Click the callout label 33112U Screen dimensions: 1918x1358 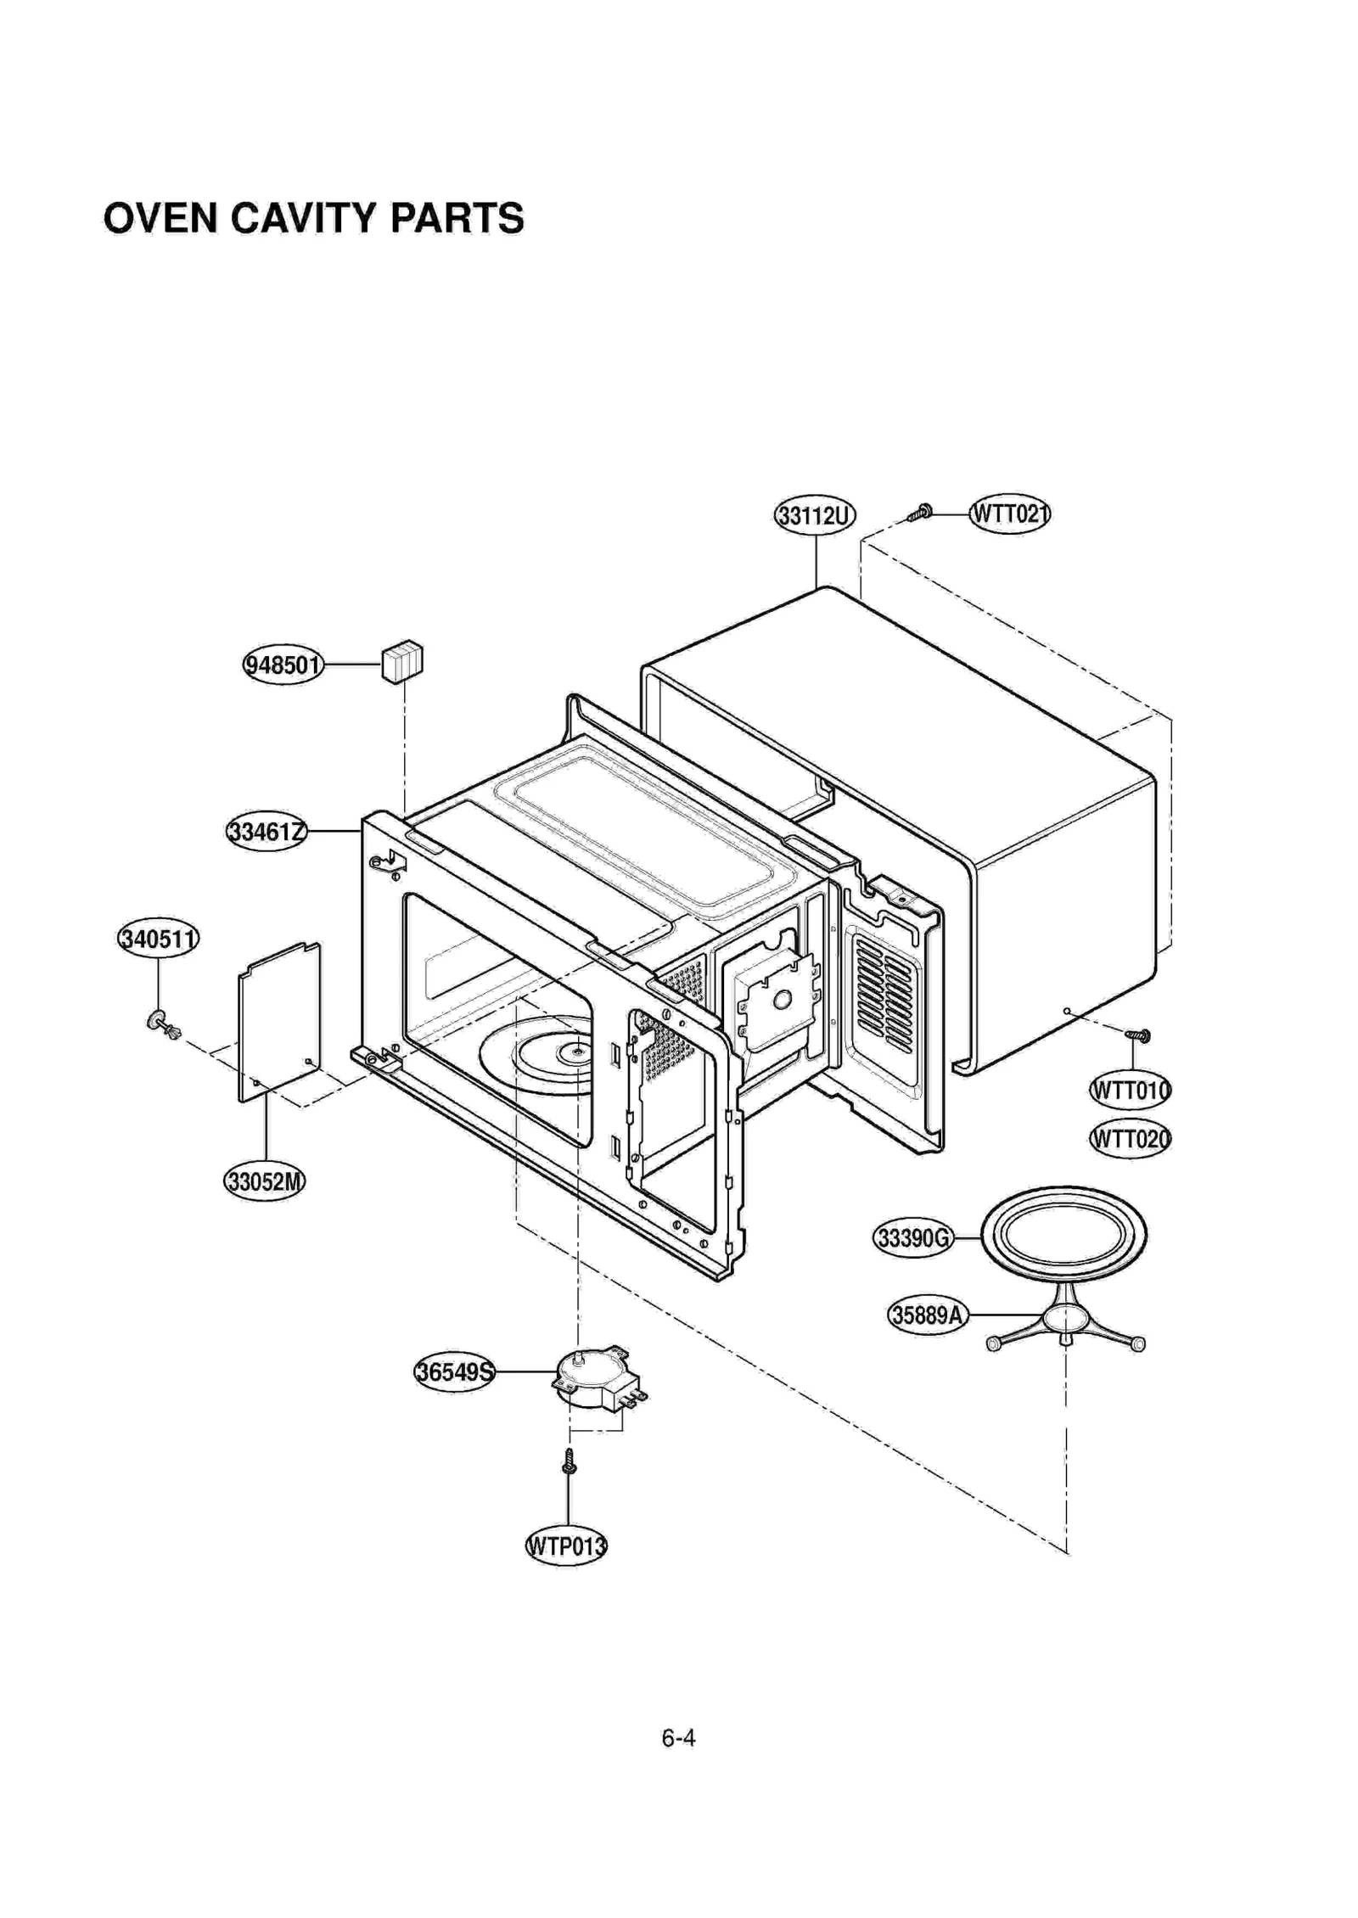click(x=815, y=515)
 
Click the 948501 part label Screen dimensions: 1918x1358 click(x=283, y=665)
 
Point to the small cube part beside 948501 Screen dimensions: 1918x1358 click(x=402, y=662)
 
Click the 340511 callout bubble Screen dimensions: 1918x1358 click(x=158, y=939)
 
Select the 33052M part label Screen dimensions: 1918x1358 click(x=264, y=1181)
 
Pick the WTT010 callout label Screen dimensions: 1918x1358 click(x=1130, y=1090)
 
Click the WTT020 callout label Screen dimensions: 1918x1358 click(x=1130, y=1138)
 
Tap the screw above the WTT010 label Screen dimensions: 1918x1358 click(x=1137, y=1035)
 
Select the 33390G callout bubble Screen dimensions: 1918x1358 click(x=913, y=1238)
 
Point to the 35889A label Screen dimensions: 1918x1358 click(x=928, y=1315)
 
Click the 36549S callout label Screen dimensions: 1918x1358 click(x=455, y=1371)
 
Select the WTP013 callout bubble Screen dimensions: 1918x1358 click(x=566, y=1545)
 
